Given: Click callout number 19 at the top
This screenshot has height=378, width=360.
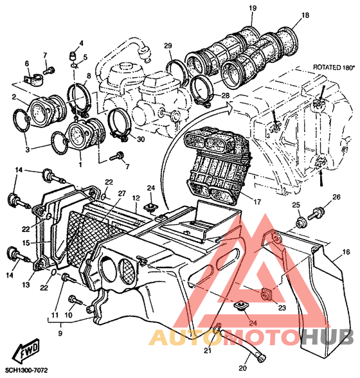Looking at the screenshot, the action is pyautogui.click(x=253, y=8).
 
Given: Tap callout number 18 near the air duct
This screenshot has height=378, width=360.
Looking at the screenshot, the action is pyautogui.click(x=305, y=15).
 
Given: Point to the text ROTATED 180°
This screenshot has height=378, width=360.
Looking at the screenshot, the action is pyautogui.click(x=334, y=67).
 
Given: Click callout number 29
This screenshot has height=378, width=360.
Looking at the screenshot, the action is pyautogui.click(x=168, y=45).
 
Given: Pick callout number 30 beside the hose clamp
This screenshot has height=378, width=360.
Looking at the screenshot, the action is pyautogui.click(x=141, y=139).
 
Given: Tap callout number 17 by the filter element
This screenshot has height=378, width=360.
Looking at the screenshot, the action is pyautogui.click(x=257, y=202).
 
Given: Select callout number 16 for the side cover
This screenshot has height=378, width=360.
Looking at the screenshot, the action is pyautogui.click(x=346, y=252).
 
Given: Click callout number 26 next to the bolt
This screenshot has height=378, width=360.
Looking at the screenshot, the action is pyautogui.click(x=336, y=197).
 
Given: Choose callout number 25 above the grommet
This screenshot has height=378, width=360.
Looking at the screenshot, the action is pyautogui.click(x=296, y=205).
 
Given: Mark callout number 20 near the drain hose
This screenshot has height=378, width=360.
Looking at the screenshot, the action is pyautogui.click(x=243, y=368).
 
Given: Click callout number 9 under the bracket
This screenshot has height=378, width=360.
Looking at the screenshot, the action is pyautogui.click(x=60, y=334).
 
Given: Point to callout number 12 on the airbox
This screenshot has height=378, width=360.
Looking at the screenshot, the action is pyautogui.click(x=136, y=198).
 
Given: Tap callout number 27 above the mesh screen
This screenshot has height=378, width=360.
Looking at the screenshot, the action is pyautogui.click(x=122, y=194).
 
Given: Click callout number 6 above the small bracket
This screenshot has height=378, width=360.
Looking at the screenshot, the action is pyautogui.click(x=27, y=64).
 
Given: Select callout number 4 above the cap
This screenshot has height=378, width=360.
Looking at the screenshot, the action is pyautogui.click(x=81, y=44).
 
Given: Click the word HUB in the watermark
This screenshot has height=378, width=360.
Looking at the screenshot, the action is pyautogui.click(x=328, y=337).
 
